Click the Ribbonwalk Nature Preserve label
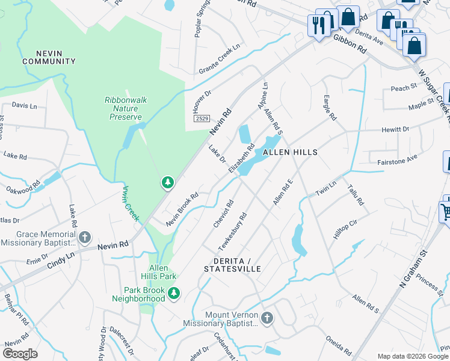(x=126, y=108)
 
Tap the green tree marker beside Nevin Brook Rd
(x=168, y=182)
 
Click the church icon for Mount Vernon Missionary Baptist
(x=267, y=316)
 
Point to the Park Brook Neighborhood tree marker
(x=174, y=294)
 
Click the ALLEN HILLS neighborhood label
(x=290, y=153)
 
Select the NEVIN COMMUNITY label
(x=49, y=57)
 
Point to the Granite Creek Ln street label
(x=220, y=59)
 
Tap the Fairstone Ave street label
(x=396, y=159)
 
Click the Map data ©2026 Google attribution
(x=413, y=356)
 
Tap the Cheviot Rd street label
(x=222, y=214)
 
